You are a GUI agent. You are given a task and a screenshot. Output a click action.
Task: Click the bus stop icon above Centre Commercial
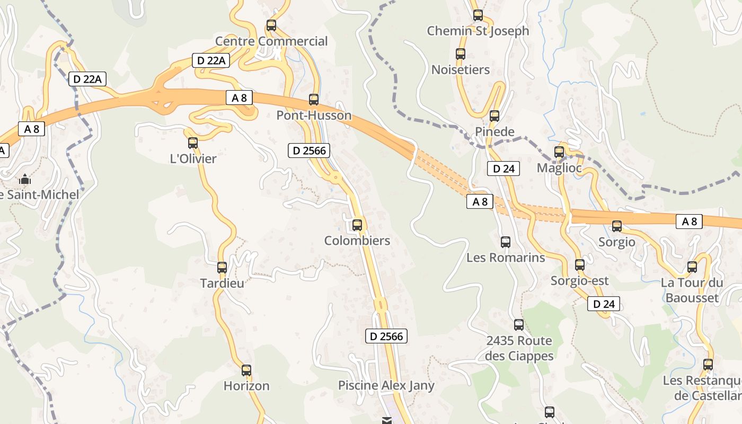coord(271,25)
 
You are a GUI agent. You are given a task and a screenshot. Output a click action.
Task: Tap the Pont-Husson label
coord(314,116)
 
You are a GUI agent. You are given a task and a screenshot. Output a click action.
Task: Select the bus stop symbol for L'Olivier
coord(193,143)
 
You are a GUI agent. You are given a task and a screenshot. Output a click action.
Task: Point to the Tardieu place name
coord(222,283)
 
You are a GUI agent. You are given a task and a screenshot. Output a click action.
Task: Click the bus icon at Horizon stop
coord(246,370)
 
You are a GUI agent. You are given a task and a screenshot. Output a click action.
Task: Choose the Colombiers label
coord(357,241)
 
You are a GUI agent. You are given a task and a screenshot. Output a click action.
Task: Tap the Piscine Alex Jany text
coord(386,385)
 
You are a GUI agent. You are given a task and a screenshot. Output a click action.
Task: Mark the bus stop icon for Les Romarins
coord(506,242)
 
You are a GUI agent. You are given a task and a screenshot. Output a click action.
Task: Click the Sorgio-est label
coord(580,280)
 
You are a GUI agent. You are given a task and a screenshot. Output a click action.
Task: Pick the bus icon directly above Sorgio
coord(617,226)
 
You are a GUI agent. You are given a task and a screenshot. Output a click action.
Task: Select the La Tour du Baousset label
coord(692,290)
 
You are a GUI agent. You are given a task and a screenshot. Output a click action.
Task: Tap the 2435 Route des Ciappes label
coord(519,348)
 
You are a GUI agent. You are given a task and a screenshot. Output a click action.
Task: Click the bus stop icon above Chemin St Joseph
coord(478,15)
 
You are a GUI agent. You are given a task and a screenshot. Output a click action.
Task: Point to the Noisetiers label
coord(461,69)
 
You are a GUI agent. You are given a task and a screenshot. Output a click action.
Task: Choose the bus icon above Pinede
coord(494,116)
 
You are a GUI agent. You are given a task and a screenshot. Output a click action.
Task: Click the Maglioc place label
coord(559,168)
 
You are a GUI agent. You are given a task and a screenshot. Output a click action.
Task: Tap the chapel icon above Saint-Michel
coord(25,180)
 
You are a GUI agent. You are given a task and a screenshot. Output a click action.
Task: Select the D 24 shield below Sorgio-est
coord(604,304)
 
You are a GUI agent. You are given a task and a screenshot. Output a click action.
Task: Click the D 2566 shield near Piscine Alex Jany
coord(387,336)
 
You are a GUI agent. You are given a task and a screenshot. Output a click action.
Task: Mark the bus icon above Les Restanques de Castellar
coord(708,365)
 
